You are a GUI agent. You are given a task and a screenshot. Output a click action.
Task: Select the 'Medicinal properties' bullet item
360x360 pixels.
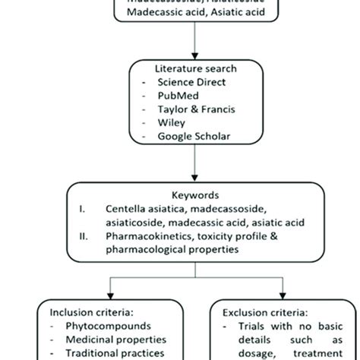115,339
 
